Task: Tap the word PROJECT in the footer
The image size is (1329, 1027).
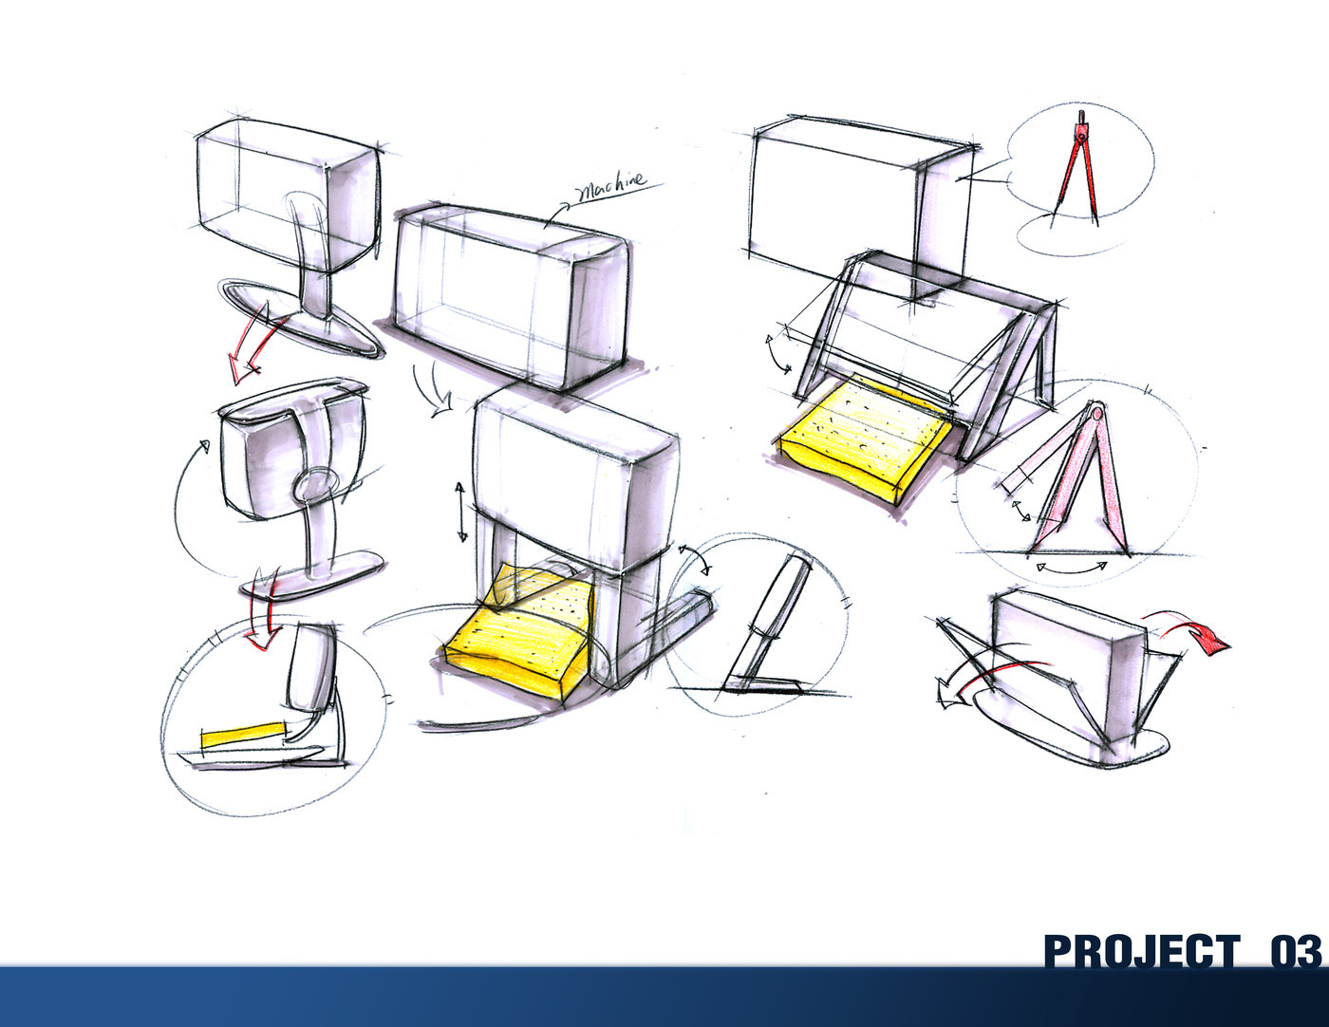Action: click(x=1141, y=950)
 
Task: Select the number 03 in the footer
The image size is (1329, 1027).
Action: click(x=1295, y=950)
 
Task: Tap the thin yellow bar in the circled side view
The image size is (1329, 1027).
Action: click(x=242, y=736)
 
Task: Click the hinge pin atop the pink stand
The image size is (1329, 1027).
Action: click(x=1096, y=411)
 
